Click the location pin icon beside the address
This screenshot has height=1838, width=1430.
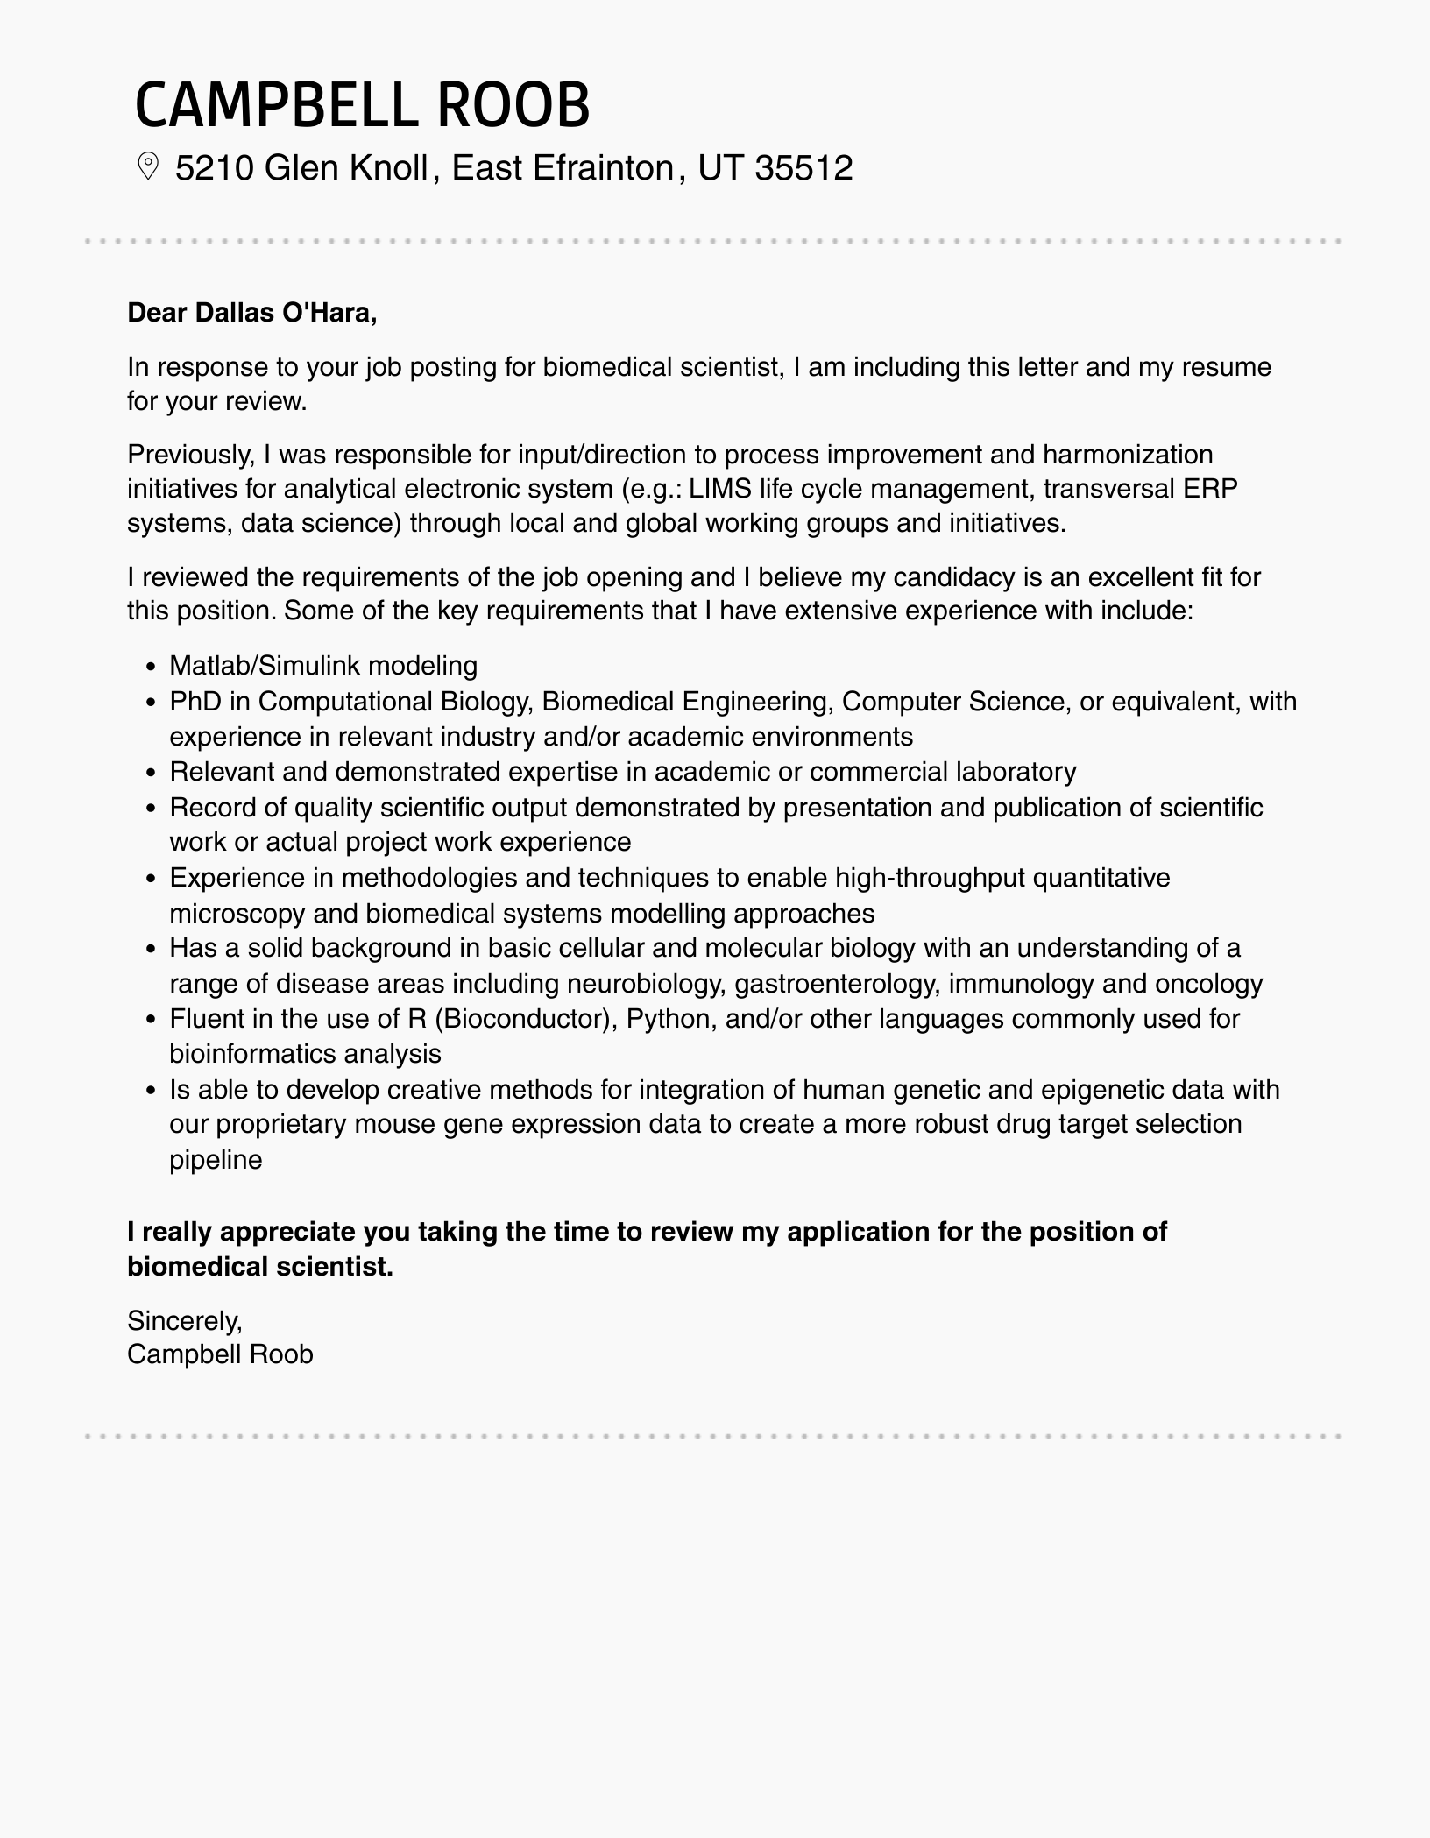click(148, 166)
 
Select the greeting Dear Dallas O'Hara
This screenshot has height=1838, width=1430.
click(251, 313)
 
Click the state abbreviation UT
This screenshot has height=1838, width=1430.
click(720, 167)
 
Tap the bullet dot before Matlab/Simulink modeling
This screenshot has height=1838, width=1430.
click(152, 668)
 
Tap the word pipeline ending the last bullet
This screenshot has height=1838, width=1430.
click(216, 1160)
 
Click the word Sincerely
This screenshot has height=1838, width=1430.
click(184, 1319)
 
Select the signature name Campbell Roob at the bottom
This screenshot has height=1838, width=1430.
click(220, 1354)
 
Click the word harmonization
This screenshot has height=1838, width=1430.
click(1127, 455)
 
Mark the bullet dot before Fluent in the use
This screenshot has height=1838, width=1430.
click(152, 1021)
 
